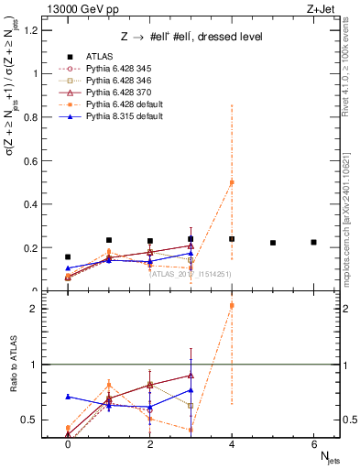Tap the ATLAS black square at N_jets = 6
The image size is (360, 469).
tap(313, 242)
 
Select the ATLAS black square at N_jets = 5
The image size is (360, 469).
tap(273, 243)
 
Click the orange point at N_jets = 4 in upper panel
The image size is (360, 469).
tap(232, 182)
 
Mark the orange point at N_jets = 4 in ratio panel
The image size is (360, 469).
tap(232, 305)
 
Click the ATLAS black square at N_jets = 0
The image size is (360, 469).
tap(68, 257)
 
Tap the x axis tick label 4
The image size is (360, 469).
tap(232, 443)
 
